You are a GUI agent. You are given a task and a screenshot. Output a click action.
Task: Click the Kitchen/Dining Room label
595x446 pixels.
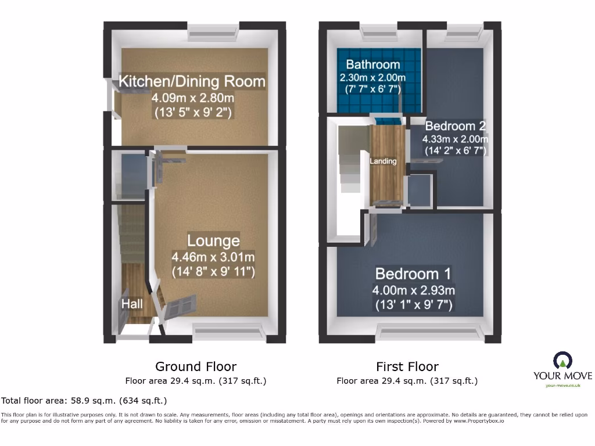(x=192, y=81)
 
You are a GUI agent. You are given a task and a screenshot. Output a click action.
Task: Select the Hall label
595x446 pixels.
(x=132, y=303)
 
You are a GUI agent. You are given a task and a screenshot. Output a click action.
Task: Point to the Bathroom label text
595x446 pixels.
(x=373, y=64)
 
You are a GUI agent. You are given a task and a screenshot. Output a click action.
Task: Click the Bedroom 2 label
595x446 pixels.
(x=455, y=126)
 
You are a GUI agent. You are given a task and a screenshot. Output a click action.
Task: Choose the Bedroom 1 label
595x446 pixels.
(x=414, y=274)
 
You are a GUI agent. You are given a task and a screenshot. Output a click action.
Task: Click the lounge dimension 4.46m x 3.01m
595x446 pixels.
(x=213, y=257)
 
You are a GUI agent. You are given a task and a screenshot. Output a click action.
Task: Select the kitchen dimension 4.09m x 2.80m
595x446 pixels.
(x=193, y=98)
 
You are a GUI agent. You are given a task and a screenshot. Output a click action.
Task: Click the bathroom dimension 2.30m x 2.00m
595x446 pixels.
(x=373, y=78)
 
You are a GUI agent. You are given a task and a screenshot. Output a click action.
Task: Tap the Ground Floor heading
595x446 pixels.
(x=196, y=366)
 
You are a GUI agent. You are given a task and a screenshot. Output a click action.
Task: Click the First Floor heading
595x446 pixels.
(x=407, y=366)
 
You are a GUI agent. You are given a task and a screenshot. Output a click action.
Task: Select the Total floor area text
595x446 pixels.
(x=84, y=401)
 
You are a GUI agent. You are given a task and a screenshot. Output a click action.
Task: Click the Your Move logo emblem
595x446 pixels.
(x=562, y=361)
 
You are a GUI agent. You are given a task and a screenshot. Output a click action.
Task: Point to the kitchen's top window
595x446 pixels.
(x=213, y=33)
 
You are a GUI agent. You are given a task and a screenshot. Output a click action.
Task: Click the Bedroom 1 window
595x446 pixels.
(x=430, y=332)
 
